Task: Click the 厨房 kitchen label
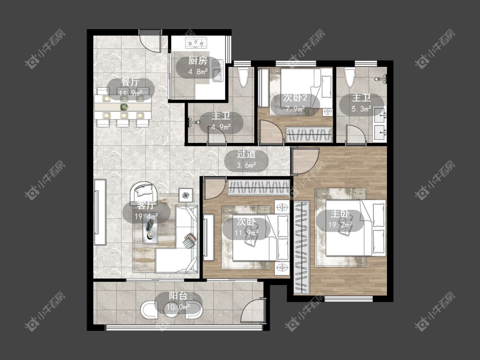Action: (x=198, y=61)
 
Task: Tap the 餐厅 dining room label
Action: (x=131, y=82)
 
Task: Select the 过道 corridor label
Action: (x=246, y=154)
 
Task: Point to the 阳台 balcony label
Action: (x=178, y=296)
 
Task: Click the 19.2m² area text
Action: (x=340, y=225)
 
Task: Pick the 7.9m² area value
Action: (x=295, y=109)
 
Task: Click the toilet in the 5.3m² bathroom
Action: (x=349, y=78)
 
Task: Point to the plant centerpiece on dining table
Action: (x=124, y=107)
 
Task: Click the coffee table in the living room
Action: (x=150, y=232)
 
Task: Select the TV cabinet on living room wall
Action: (x=100, y=212)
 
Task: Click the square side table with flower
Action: (x=186, y=195)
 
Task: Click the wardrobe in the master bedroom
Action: (x=302, y=247)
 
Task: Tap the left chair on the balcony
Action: (x=149, y=310)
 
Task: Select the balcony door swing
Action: (x=252, y=310)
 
